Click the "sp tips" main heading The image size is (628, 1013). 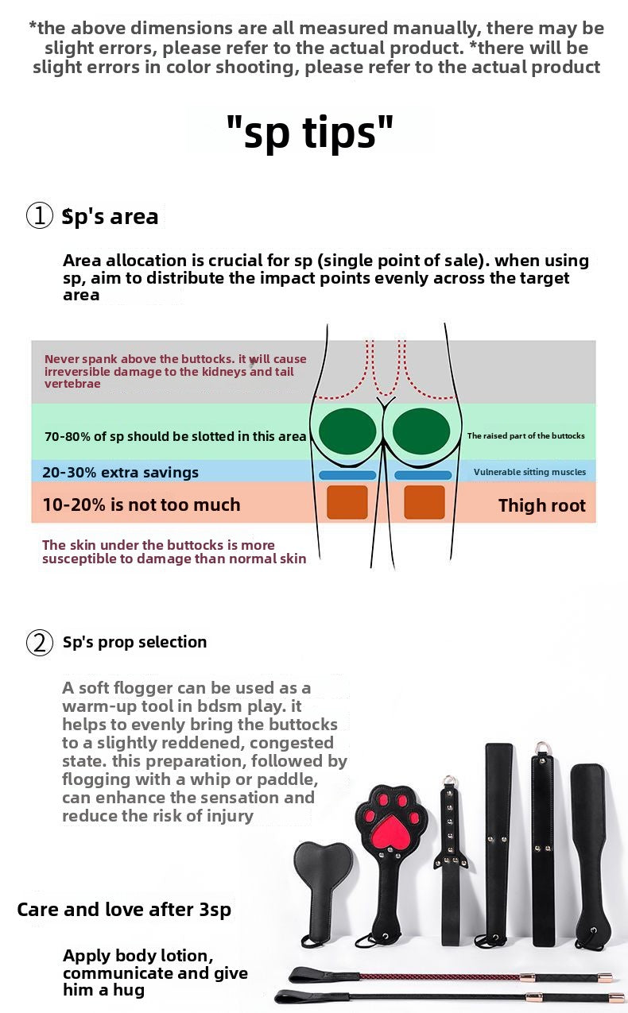[x=310, y=132]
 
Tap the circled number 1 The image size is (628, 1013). [x=40, y=215]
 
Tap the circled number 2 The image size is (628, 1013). [x=40, y=642]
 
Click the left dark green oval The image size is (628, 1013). [x=347, y=431]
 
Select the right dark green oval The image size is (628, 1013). [x=421, y=431]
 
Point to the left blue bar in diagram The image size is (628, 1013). [x=347, y=475]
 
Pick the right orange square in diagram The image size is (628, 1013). [x=424, y=502]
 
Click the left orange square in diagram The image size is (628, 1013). [x=347, y=502]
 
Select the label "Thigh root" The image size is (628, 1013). [x=542, y=505]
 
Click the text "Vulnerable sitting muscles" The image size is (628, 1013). [x=529, y=472]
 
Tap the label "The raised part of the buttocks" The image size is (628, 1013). [x=525, y=435]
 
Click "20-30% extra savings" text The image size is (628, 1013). [x=120, y=472]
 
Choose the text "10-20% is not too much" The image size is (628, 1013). [x=141, y=505]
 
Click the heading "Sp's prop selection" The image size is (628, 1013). [x=135, y=642]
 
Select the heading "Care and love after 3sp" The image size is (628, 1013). [x=124, y=910]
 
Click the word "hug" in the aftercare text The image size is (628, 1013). [x=129, y=990]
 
